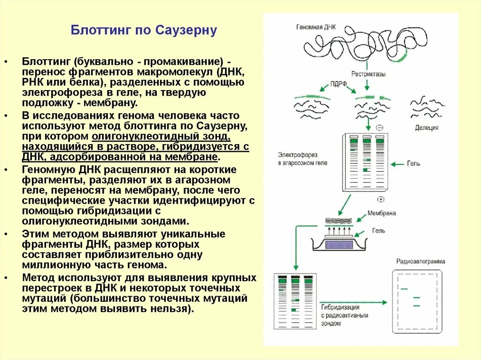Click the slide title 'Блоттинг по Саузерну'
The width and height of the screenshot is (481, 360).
144,31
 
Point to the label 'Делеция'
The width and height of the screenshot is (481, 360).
427,128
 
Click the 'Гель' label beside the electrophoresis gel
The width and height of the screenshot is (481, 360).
414,164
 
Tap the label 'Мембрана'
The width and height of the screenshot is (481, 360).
381,213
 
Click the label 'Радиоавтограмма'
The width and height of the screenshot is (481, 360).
420,261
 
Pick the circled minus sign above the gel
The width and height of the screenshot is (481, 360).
380,128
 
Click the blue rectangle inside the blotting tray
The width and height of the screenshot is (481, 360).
339,245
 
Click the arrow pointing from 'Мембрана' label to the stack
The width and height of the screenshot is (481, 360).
360,217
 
